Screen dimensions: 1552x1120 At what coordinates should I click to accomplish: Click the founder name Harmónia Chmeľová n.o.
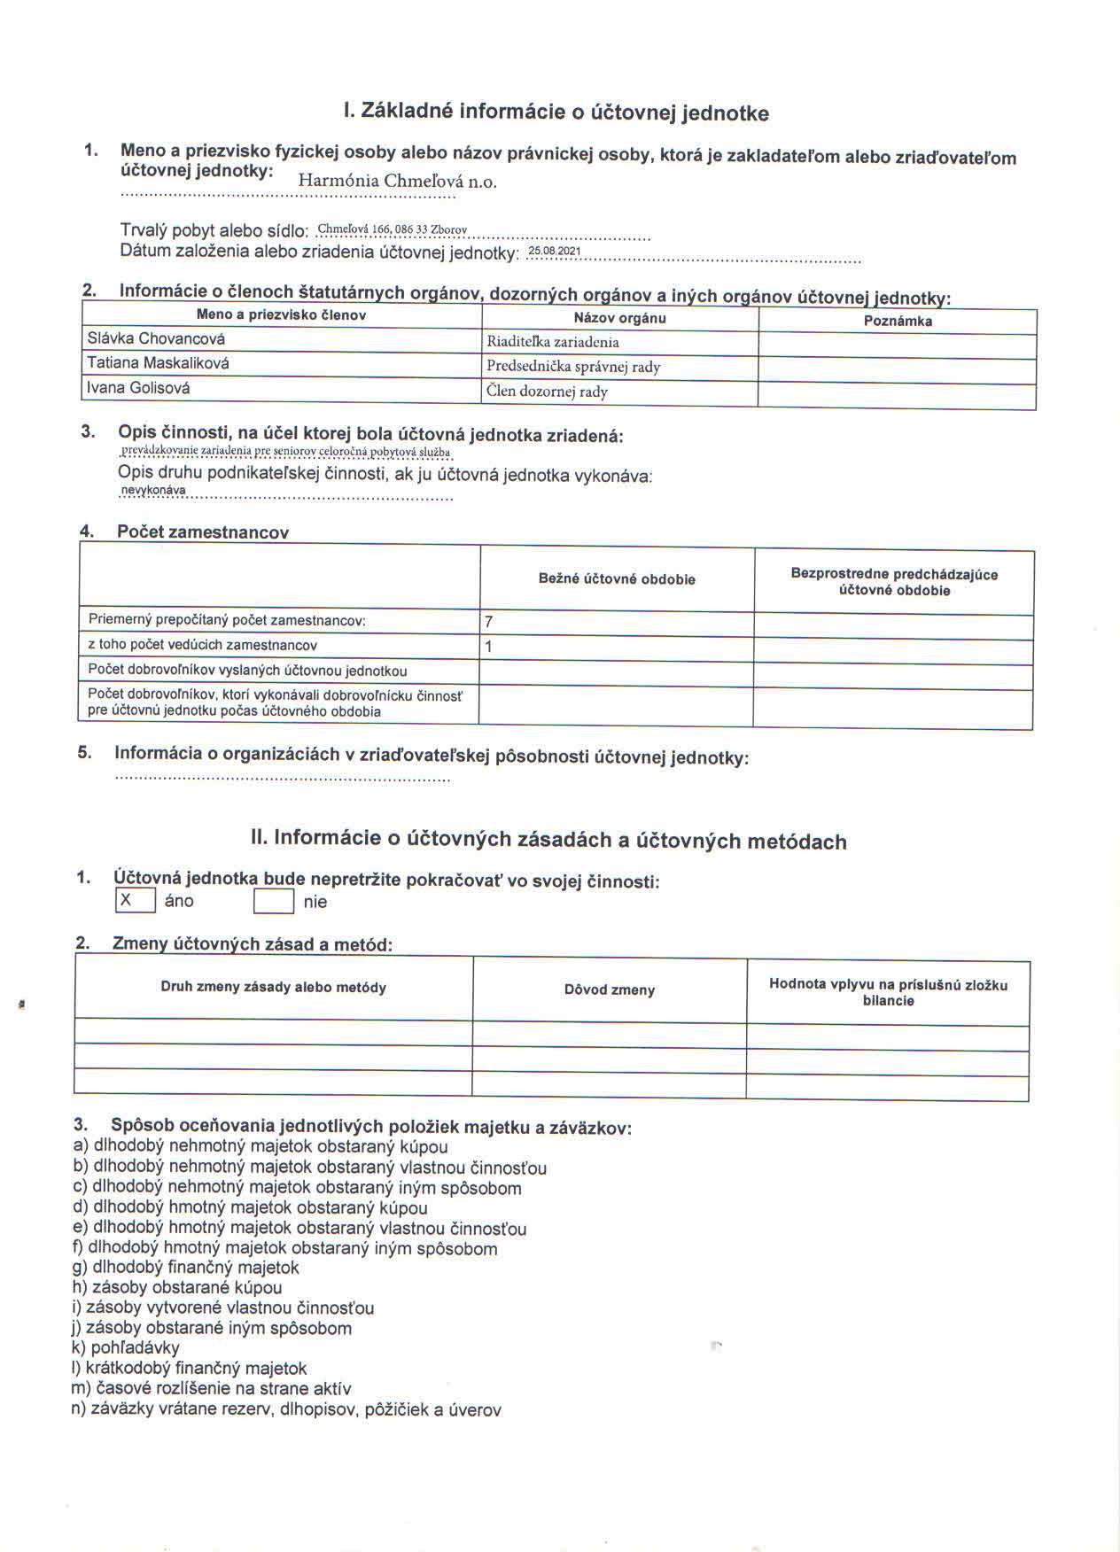click(x=397, y=181)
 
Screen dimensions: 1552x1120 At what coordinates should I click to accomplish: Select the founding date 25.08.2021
click(x=554, y=251)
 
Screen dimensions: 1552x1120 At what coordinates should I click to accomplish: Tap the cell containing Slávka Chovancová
click(x=156, y=338)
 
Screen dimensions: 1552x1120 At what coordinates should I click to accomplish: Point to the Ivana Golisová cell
click(x=138, y=388)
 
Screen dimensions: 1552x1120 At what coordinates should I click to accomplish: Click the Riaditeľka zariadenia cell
click(x=553, y=342)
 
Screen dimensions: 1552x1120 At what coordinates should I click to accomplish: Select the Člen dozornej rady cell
click(x=547, y=392)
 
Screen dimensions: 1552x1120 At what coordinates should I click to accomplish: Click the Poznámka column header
click(x=898, y=321)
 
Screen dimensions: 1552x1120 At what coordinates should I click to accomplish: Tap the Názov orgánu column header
click(x=619, y=318)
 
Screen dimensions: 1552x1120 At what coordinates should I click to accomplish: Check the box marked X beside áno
click(x=136, y=900)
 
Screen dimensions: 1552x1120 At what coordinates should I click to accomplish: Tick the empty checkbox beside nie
click(x=274, y=902)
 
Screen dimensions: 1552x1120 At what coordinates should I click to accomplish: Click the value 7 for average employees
click(x=489, y=622)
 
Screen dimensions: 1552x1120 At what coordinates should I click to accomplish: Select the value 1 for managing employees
click(x=489, y=647)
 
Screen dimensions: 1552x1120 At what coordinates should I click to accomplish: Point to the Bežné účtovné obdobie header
click(x=617, y=579)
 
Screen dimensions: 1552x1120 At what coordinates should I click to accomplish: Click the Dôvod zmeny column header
click(x=610, y=989)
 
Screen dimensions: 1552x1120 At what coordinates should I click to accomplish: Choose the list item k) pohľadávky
click(x=126, y=1347)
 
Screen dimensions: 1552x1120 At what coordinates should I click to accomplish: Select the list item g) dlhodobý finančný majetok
click(x=186, y=1268)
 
